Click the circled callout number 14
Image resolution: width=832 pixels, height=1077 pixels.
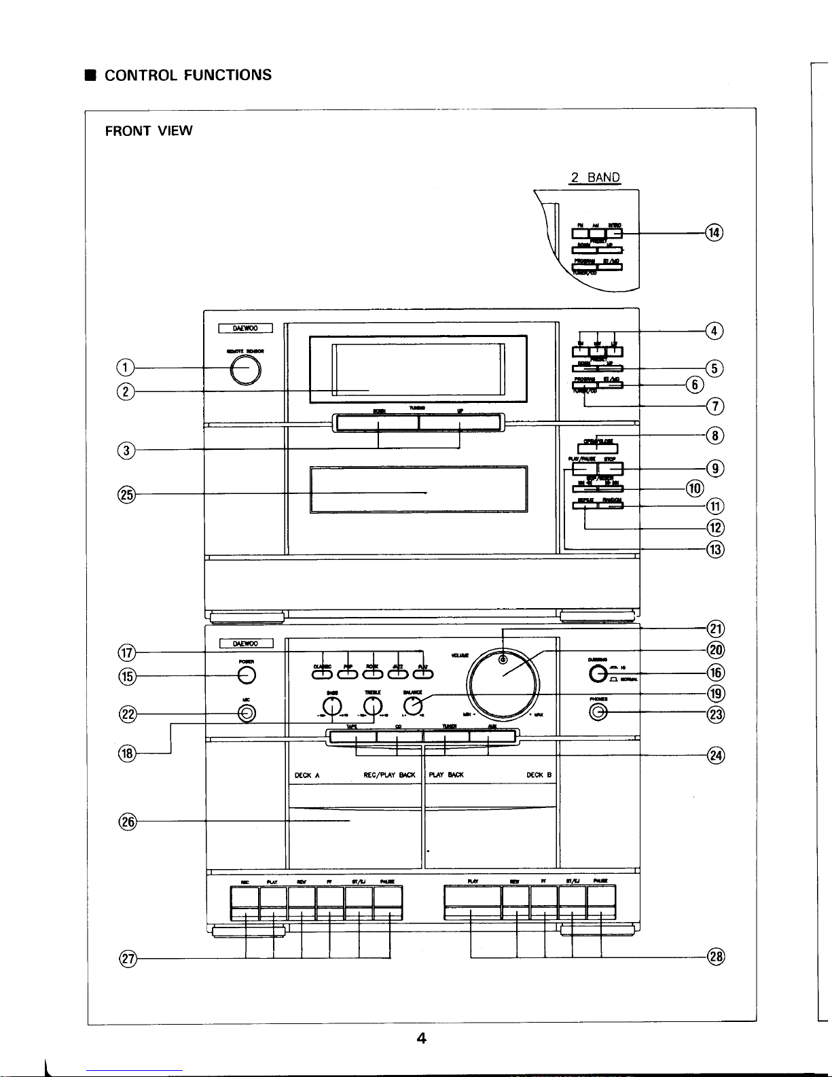click(x=714, y=233)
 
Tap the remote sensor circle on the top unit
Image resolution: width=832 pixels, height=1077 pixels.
click(x=245, y=370)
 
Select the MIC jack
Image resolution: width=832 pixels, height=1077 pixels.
click(x=247, y=713)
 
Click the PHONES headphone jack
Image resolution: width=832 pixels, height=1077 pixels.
click(x=598, y=711)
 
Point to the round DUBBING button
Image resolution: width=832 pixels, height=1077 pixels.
click(x=598, y=673)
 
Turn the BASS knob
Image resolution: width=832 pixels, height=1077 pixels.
click(x=331, y=706)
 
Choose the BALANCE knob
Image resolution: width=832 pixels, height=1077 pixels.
click(x=413, y=706)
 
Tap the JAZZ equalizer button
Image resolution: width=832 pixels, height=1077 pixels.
click(x=398, y=673)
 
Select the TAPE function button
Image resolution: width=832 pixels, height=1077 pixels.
click(x=352, y=736)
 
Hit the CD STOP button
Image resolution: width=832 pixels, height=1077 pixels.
click(x=611, y=469)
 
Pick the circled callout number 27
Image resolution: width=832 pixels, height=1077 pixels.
click(x=128, y=959)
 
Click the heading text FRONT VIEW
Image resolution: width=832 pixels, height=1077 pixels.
click(x=149, y=130)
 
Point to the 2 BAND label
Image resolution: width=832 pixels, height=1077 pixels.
click(x=596, y=178)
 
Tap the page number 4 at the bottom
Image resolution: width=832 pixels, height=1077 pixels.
click(x=421, y=1038)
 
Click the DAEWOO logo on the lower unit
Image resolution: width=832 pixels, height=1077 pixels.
click(x=246, y=643)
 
